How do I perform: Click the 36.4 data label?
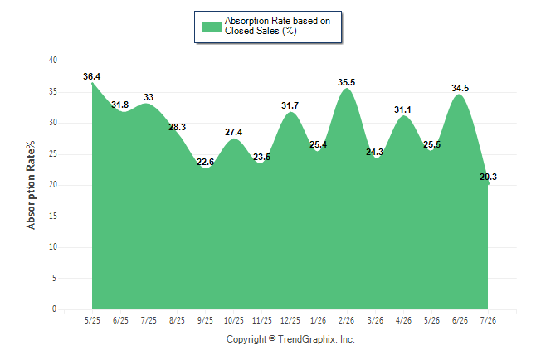91,76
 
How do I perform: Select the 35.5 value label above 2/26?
346,82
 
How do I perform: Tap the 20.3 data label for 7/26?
488,177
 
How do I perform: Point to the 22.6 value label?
205,162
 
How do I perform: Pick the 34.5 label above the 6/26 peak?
460,88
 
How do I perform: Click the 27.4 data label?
233,132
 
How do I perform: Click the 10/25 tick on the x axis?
233,320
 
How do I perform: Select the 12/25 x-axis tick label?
290,320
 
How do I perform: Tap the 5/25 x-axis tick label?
92,320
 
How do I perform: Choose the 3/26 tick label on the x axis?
375,320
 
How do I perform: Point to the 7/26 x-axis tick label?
488,320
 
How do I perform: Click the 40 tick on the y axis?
53,61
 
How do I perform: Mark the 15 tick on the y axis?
53,216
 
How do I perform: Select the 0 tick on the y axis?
54,309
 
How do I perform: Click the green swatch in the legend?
212,27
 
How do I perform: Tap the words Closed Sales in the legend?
251,31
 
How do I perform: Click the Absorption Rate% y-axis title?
31,185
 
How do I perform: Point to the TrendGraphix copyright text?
290,339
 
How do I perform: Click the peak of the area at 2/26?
347,88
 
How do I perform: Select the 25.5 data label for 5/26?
431,144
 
